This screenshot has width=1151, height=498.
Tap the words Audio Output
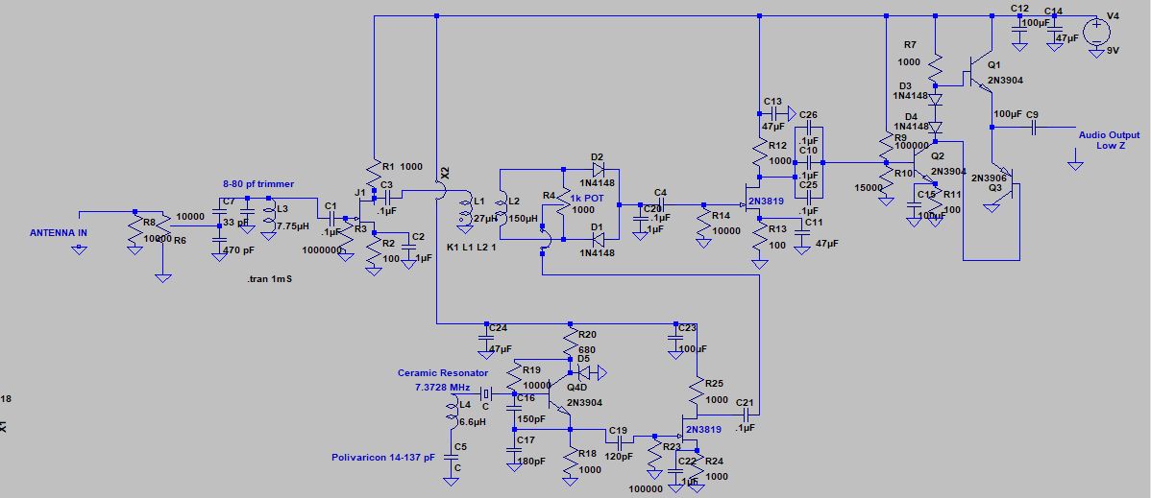tap(1109, 135)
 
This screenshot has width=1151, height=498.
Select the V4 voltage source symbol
tap(1096, 32)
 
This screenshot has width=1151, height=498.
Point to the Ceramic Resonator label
tap(442, 372)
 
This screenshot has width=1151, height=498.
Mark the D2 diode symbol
tap(598, 171)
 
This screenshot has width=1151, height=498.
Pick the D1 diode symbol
tap(598, 240)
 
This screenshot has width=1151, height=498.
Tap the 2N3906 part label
tap(990, 178)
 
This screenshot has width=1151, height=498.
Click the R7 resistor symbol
tap(936, 66)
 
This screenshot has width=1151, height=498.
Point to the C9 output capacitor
tap(1034, 127)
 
